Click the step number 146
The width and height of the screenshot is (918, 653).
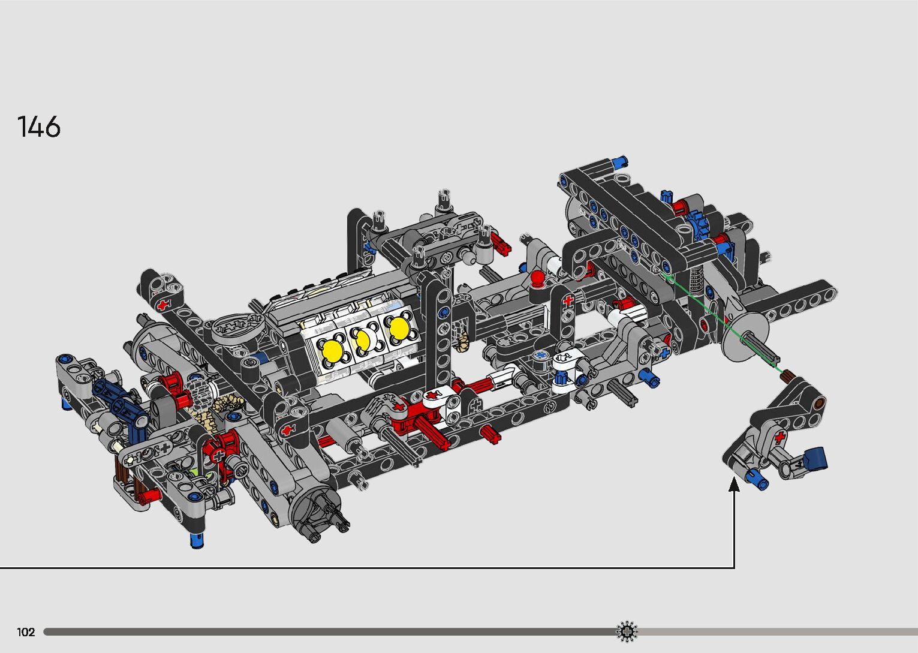click(39, 127)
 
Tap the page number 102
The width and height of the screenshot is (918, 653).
click(26, 632)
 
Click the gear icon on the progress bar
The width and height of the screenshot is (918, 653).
click(627, 631)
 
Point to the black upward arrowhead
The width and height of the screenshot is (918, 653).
click(734, 484)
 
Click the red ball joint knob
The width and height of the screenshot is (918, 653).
click(537, 278)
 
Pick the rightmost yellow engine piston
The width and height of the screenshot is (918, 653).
click(399, 328)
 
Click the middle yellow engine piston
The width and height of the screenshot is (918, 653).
click(363, 340)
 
